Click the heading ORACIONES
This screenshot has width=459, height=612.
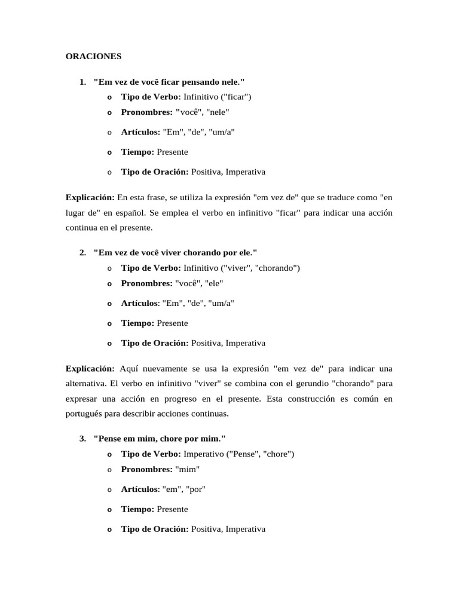93,56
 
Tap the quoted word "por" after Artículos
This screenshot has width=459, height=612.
196,489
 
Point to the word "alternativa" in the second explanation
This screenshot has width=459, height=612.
85,383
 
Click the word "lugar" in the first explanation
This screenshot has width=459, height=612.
76,212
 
